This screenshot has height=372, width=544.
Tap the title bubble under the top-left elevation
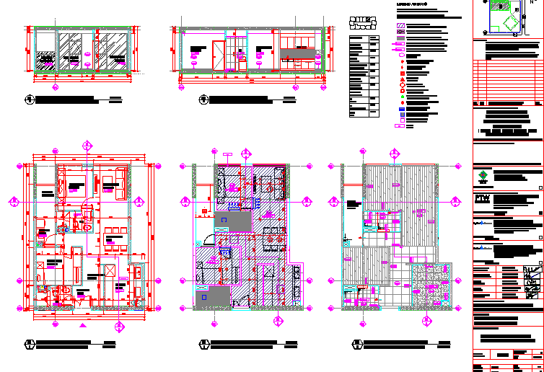29,99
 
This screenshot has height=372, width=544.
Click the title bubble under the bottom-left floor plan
29,344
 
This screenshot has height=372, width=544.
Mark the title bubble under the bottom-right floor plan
356,344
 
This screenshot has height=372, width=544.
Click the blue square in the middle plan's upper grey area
224,218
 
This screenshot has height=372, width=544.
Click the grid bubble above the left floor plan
87,146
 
